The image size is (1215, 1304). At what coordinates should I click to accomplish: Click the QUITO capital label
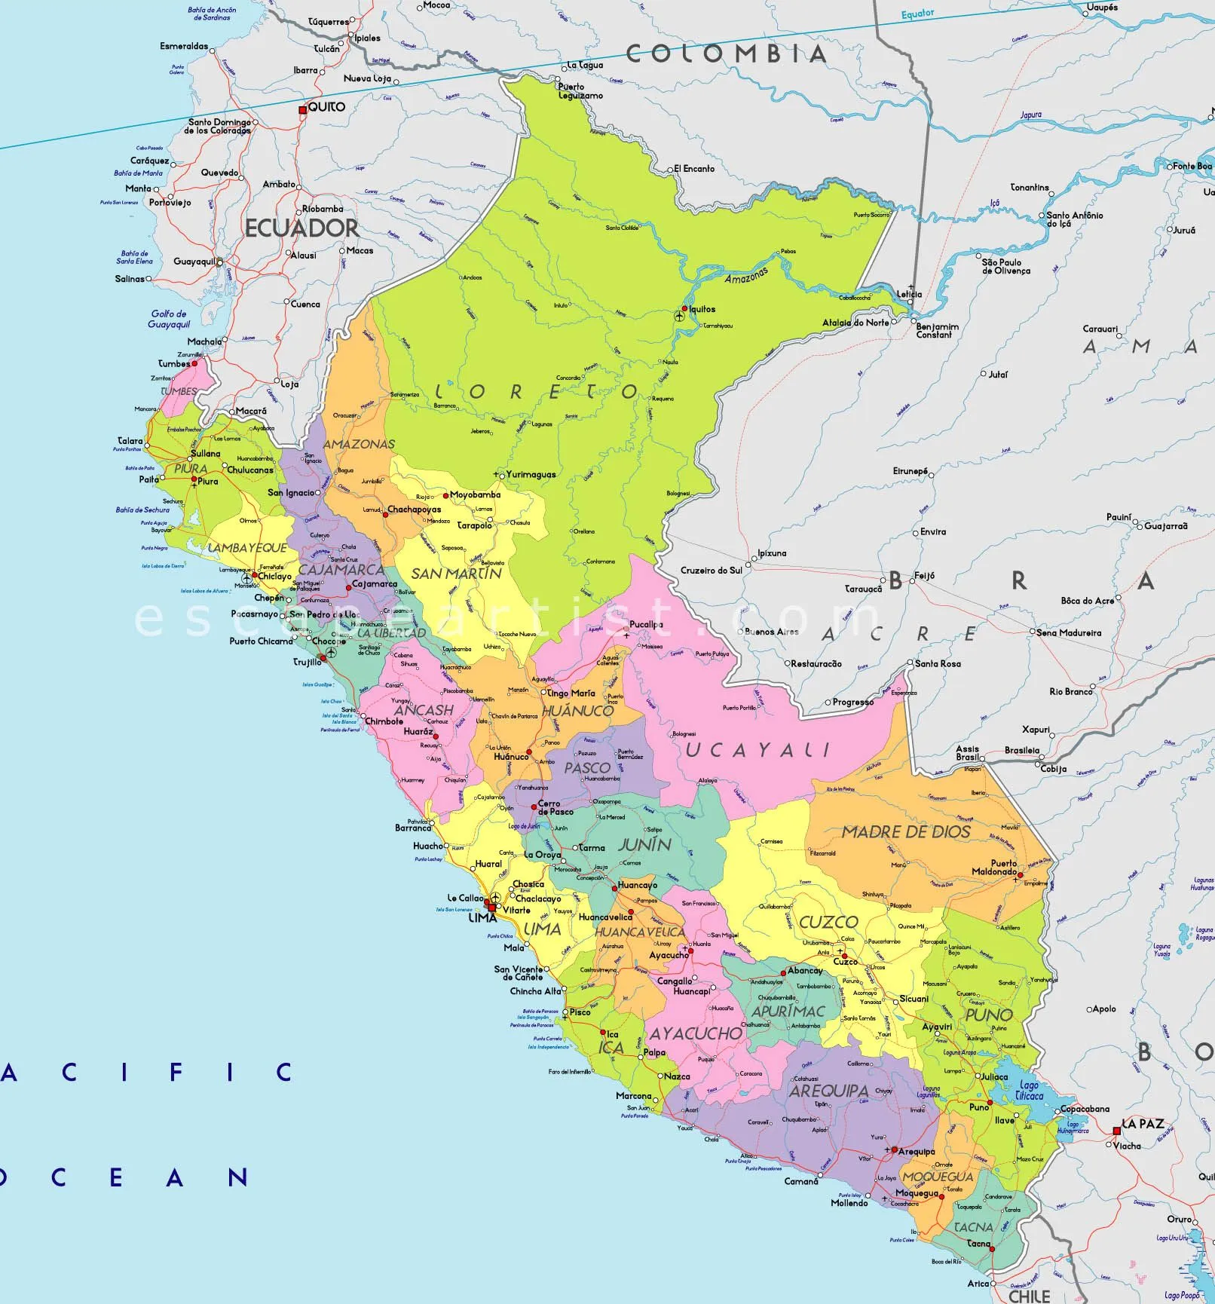pyautogui.click(x=326, y=107)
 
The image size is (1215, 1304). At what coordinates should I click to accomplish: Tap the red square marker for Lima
pyautogui.click(x=492, y=908)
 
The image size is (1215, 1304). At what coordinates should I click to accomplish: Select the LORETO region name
pyautogui.click(x=537, y=392)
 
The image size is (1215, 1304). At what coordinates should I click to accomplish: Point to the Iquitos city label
pyautogui.click(x=702, y=309)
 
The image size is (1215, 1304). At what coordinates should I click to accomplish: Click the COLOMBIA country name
pyautogui.click(x=727, y=54)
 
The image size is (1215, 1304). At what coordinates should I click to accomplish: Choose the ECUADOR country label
pyautogui.click(x=301, y=228)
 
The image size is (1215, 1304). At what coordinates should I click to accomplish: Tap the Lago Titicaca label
pyautogui.click(x=1028, y=1091)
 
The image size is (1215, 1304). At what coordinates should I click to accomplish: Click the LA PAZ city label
pyautogui.click(x=1143, y=1124)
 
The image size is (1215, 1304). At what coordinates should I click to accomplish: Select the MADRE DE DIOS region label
pyautogui.click(x=906, y=832)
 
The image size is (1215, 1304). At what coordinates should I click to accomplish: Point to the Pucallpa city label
pyautogui.click(x=647, y=624)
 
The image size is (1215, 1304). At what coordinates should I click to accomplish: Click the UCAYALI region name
pyautogui.click(x=757, y=749)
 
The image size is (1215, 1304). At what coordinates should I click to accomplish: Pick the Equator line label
pyautogui.click(x=917, y=14)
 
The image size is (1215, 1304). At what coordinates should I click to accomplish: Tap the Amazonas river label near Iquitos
pyautogui.click(x=746, y=276)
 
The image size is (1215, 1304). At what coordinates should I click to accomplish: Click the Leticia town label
pyautogui.click(x=909, y=295)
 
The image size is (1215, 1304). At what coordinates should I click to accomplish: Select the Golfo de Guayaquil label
pyautogui.click(x=169, y=319)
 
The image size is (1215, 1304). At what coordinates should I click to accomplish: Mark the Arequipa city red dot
pyautogui.click(x=893, y=1150)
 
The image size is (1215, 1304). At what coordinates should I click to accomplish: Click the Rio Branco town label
pyautogui.click(x=1070, y=691)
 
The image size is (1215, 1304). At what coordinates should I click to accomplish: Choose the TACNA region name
pyautogui.click(x=973, y=1227)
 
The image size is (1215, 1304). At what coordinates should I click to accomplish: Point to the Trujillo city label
pyautogui.click(x=307, y=663)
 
